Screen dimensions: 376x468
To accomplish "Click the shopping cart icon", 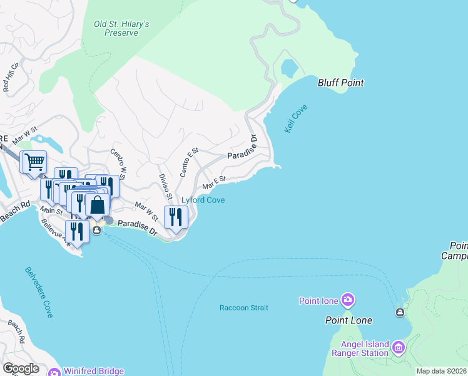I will click(x=33, y=162).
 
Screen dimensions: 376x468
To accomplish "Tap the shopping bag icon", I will click(x=98, y=204).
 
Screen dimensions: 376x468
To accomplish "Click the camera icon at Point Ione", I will click(x=347, y=301).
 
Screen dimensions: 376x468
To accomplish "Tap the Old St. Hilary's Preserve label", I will click(x=121, y=28).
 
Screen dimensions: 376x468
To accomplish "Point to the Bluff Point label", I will click(x=340, y=83).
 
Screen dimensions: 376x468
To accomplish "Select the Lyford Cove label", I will click(x=203, y=200).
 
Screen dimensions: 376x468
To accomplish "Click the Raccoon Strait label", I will click(x=243, y=308).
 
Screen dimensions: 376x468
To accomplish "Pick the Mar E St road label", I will click(x=213, y=183).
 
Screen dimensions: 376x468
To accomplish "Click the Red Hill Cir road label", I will click(x=11, y=78).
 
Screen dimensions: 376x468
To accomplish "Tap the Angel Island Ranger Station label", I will click(x=374, y=348).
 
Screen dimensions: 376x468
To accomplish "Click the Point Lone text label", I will click(x=348, y=320).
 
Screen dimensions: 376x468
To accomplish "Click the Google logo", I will click(x=21, y=368).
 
